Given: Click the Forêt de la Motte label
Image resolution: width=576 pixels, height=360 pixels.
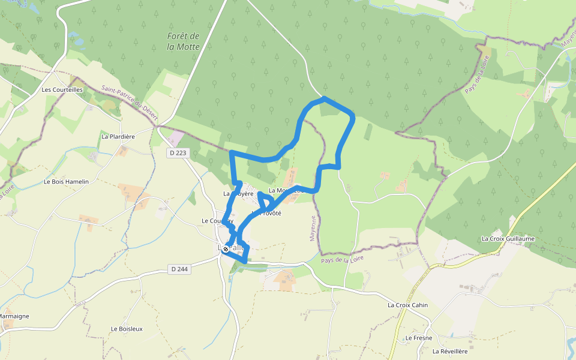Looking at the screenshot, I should click(x=183, y=41).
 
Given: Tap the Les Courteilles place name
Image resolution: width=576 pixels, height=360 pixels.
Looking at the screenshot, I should click(x=62, y=89).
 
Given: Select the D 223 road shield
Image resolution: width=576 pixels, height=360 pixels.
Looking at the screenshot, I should click(x=177, y=154).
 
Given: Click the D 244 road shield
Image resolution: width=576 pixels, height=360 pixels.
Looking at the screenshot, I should click(x=179, y=269).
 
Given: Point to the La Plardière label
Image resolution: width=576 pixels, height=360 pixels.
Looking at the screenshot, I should click(x=118, y=136).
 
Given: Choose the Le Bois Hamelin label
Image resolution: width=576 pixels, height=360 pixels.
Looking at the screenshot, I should click(x=66, y=181).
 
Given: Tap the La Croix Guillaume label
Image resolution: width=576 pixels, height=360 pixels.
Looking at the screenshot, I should click(x=508, y=238).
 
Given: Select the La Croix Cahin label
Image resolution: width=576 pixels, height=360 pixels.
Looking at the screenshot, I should click(x=407, y=305).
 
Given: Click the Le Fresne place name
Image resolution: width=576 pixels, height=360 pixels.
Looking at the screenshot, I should click(x=418, y=338).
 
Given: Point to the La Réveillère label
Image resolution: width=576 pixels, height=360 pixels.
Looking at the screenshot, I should click(x=449, y=351).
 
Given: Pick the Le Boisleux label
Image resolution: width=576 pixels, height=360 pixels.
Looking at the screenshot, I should click(x=127, y=329).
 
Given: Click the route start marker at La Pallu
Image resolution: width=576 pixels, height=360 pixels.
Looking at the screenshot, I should click(x=226, y=249).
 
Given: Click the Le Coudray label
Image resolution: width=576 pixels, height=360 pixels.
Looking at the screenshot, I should click(x=217, y=221).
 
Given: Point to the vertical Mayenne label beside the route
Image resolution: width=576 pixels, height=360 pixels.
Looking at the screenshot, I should click(x=313, y=228).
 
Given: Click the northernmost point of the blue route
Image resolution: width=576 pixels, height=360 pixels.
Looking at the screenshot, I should click(x=324, y=97).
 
